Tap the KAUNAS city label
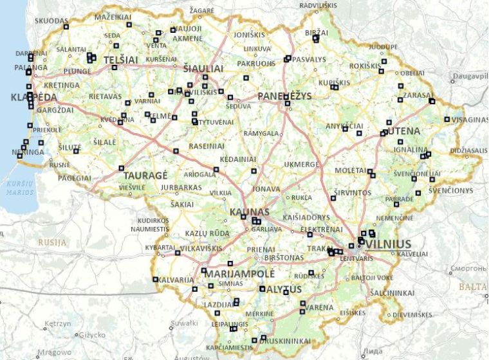click(249, 212)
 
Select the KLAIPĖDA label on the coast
click(34, 98)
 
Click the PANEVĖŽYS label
click(284, 96)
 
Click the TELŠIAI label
click(121, 59)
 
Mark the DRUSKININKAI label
click(286, 341)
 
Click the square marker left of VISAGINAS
click(447, 119)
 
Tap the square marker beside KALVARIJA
click(155, 279)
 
